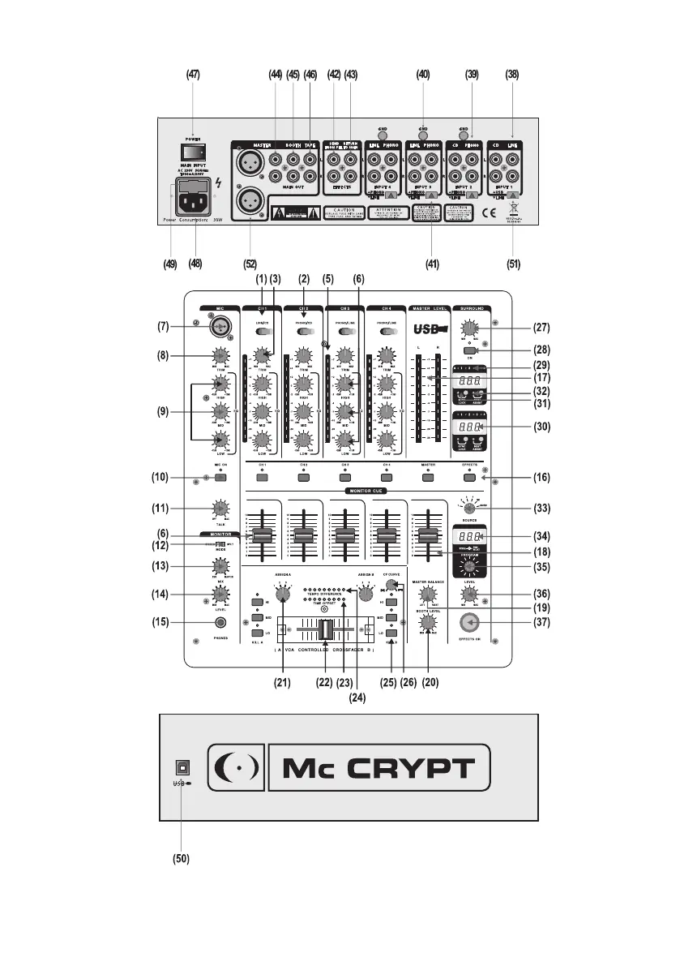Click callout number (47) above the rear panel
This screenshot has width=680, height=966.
[193, 75]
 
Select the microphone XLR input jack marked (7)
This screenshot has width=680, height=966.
[218, 326]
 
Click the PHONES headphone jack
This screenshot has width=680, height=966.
[220, 622]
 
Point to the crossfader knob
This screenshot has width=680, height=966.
[325, 629]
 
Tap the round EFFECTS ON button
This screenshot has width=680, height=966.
[468, 623]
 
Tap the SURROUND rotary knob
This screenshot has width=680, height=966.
[468, 328]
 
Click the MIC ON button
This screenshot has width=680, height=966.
[220, 477]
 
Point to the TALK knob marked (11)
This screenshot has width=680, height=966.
[219, 509]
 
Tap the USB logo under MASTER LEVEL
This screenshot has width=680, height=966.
[430, 330]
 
